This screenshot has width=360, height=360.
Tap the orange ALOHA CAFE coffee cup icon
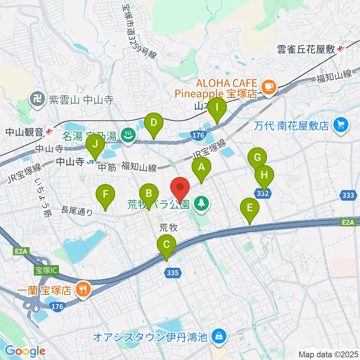pyautogui.click(x=268, y=87)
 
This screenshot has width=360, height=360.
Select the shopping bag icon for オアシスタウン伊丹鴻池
pyautogui.click(x=217, y=337)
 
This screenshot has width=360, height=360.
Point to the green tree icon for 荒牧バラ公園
pyautogui.click(x=201, y=204)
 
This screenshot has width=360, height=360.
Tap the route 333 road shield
pyautogui.click(x=349, y=195)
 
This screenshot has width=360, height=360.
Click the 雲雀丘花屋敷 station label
pyautogui.click(x=306, y=49)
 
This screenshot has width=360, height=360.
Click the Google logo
pyautogui.click(x=25, y=351)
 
